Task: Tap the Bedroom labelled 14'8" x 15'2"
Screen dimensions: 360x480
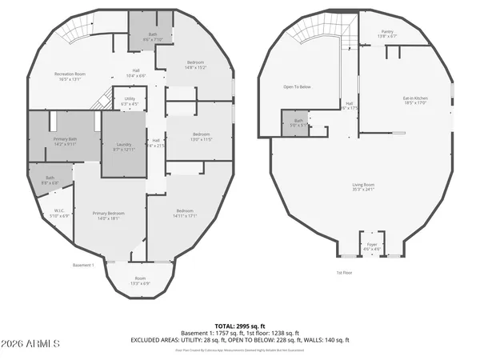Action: point(196,65)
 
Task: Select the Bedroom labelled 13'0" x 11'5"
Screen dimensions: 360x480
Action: point(201,137)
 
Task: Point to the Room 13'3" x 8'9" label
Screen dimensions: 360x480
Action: point(141,280)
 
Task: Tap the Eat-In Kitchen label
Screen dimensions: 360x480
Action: point(414,100)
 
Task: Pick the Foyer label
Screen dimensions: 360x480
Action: point(372,246)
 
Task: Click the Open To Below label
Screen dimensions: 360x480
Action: point(297,86)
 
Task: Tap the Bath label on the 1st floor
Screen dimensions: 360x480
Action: point(297,122)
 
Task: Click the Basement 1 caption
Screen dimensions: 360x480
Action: point(83,265)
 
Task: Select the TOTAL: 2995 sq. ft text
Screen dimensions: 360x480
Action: point(239,326)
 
